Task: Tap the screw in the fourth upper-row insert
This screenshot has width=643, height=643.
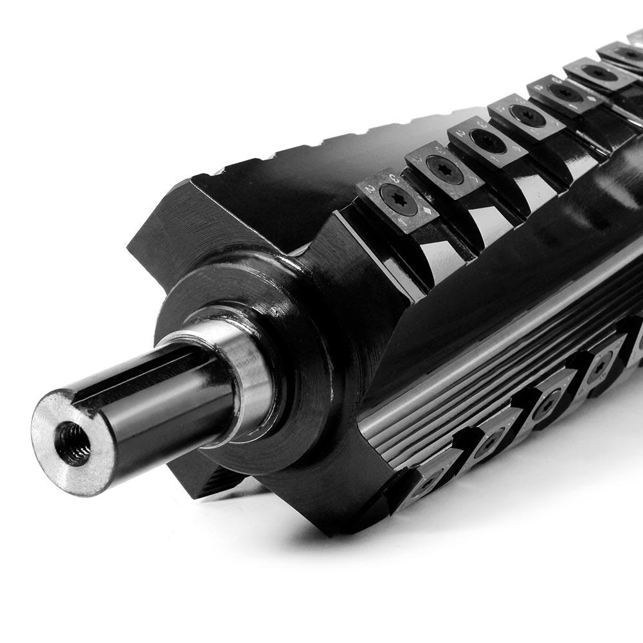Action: tap(525, 115)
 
